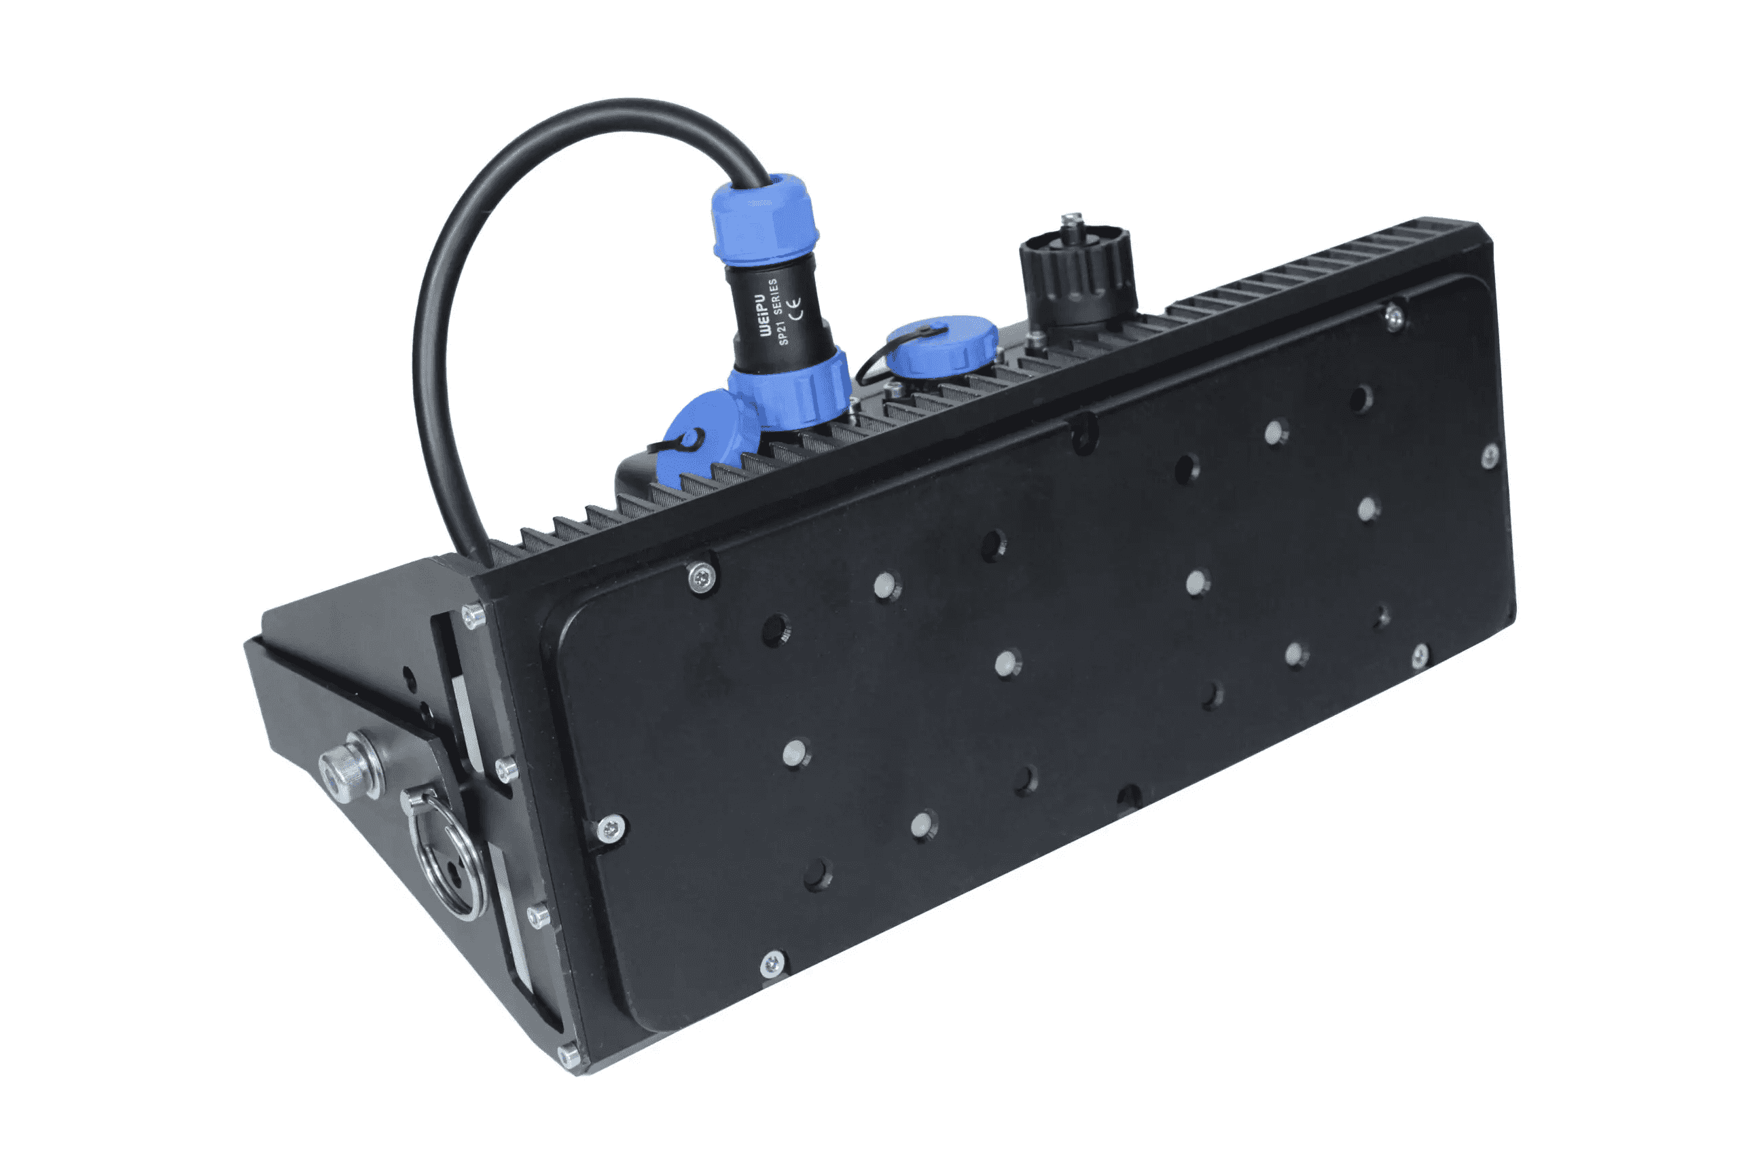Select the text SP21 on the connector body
tap(785, 331)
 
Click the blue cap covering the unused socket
tap(942, 344)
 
